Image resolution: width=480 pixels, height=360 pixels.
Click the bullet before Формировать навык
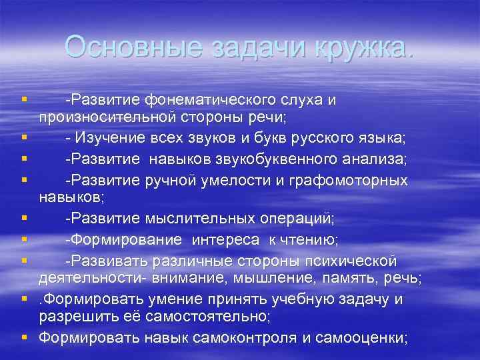[24, 337]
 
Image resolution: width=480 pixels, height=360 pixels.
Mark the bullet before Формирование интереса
[24, 237]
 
